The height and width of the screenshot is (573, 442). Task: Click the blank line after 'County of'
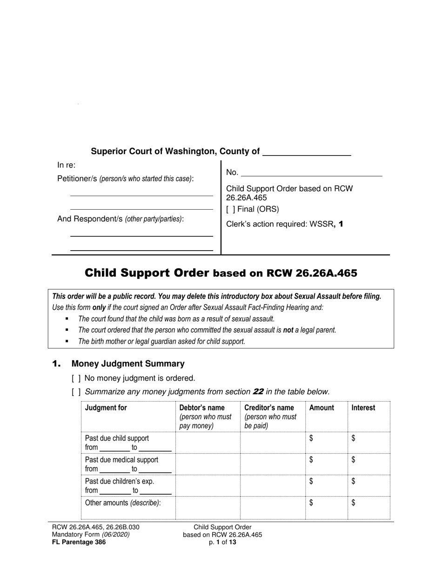point(307,153)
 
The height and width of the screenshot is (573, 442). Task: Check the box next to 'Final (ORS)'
point(230,209)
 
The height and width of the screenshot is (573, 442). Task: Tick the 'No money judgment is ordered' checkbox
point(76,378)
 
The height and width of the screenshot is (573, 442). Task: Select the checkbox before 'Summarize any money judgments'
point(76,392)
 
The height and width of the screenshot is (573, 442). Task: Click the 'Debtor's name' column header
point(202,408)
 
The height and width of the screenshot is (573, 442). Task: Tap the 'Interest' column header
point(363,408)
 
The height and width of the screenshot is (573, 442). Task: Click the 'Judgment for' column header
point(106,408)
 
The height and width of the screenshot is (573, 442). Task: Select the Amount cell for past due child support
point(326,442)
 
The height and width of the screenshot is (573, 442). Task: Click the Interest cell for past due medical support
point(368,464)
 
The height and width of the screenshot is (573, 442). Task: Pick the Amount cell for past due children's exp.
point(326,485)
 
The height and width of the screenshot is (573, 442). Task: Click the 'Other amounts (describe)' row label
point(122,503)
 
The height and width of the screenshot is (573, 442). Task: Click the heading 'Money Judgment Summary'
point(128,364)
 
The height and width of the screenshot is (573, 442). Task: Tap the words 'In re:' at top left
point(66,165)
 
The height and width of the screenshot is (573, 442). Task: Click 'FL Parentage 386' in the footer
point(79,542)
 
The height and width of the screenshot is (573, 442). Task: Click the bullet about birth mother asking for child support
point(161,341)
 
